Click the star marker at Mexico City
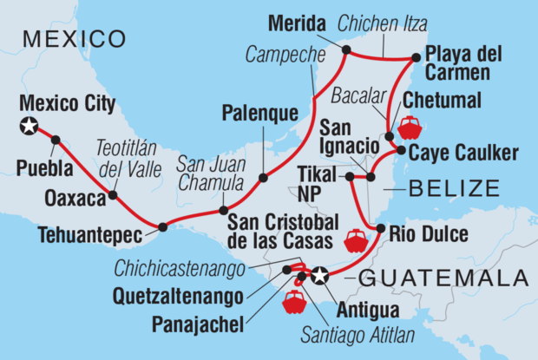(29, 128)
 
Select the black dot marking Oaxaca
(113, 196)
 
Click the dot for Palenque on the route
(263, 178)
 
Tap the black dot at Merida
(345, 49)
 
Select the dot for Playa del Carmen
(416, 58)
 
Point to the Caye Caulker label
(463, 154)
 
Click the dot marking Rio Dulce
(381, 229)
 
